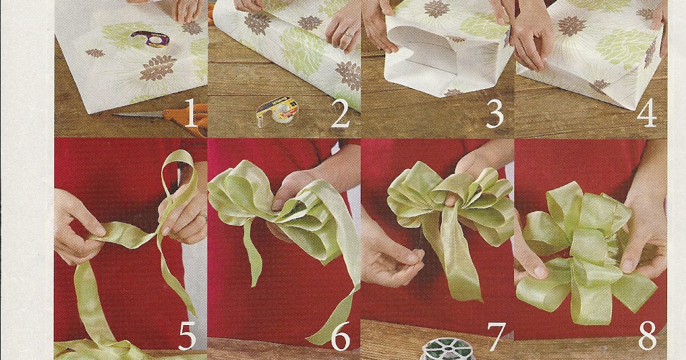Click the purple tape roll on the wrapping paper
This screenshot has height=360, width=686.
[150, 38]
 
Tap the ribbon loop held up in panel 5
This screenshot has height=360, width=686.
[180, 171]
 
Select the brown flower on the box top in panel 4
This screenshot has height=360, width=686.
[572, 26]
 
